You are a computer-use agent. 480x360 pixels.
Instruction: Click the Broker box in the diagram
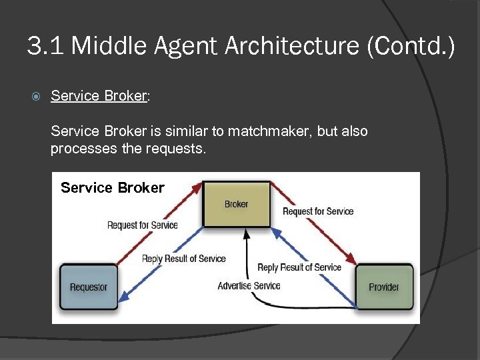(237, 204)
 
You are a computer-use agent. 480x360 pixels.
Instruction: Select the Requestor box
(89, 287)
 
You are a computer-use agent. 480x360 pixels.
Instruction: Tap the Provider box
(384, 287)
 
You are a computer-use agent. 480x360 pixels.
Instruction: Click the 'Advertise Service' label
(249, 285)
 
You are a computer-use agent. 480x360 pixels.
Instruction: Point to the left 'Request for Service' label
(143, 225)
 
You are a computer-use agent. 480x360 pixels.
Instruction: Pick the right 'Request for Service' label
(318, 211)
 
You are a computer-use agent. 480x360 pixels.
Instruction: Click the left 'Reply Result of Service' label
(184, 259)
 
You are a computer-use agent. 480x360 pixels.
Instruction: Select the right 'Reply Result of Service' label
(299, 267)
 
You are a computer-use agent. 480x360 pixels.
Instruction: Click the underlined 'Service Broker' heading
(98, 96)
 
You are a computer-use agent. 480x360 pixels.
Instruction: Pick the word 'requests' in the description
(175, 148)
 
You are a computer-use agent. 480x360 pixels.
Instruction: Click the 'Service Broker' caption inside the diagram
(112, 187)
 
